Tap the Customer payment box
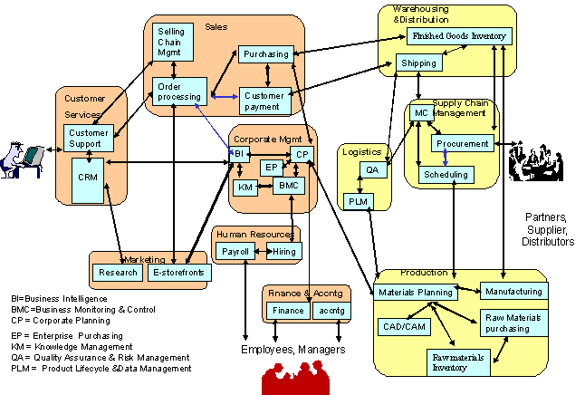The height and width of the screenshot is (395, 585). click(264, 100)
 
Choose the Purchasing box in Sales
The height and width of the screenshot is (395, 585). click(265, 54)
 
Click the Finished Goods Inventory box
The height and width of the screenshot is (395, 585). click(458, 36)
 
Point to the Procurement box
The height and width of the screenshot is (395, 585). click(463, 143)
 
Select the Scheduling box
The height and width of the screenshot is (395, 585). click(446, 174)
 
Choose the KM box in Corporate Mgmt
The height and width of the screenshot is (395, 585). click(245, 188)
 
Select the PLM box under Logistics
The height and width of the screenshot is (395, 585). click(356, 200)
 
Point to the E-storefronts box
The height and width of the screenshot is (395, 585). click(179, 272)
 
